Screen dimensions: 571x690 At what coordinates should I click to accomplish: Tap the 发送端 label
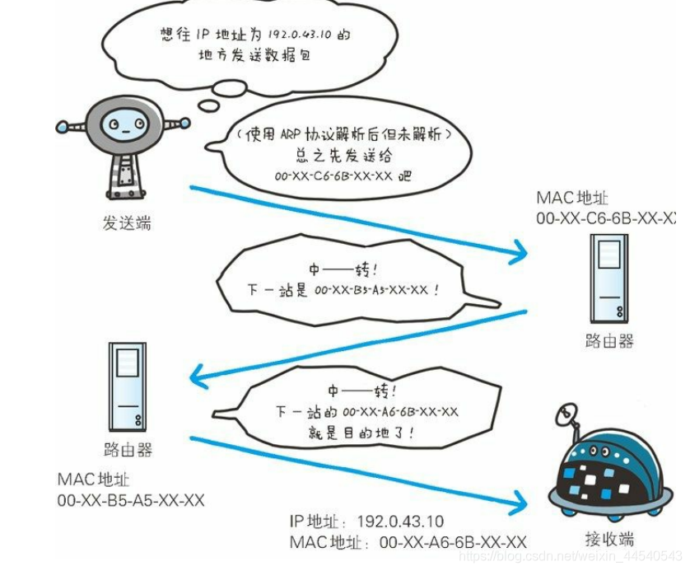(127, 223)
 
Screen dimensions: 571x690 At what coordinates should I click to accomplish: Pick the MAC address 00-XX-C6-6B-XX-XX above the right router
(608, 218)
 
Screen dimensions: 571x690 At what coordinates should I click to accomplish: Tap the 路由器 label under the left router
(128, 450)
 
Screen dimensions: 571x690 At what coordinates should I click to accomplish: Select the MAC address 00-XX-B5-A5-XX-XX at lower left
(131, 500)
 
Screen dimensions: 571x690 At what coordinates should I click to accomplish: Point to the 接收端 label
(609, 540)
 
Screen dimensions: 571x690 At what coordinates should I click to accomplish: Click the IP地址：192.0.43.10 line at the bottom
(366, 522)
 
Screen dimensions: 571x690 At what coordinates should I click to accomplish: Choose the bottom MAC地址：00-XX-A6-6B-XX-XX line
(408, 542)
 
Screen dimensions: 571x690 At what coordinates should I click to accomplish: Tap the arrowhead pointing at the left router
(198, 377)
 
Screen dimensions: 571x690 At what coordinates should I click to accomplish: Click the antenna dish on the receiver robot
(566, 413)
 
